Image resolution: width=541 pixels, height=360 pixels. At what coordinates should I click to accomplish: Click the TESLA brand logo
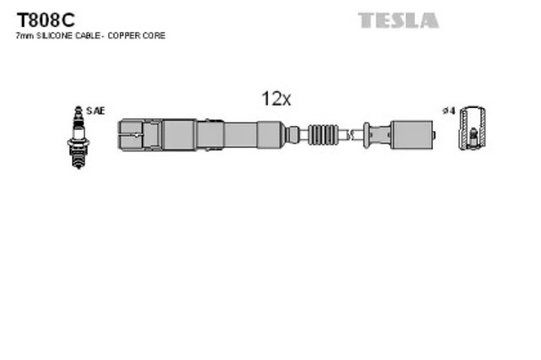397,20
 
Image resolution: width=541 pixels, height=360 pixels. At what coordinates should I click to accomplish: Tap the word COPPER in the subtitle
135,36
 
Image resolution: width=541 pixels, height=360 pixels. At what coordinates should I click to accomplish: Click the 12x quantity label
276,99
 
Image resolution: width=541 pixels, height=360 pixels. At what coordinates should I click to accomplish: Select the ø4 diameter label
450,111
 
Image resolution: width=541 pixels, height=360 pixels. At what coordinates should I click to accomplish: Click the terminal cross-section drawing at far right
473,128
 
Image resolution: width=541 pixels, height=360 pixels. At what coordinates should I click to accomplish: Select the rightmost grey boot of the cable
411,134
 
